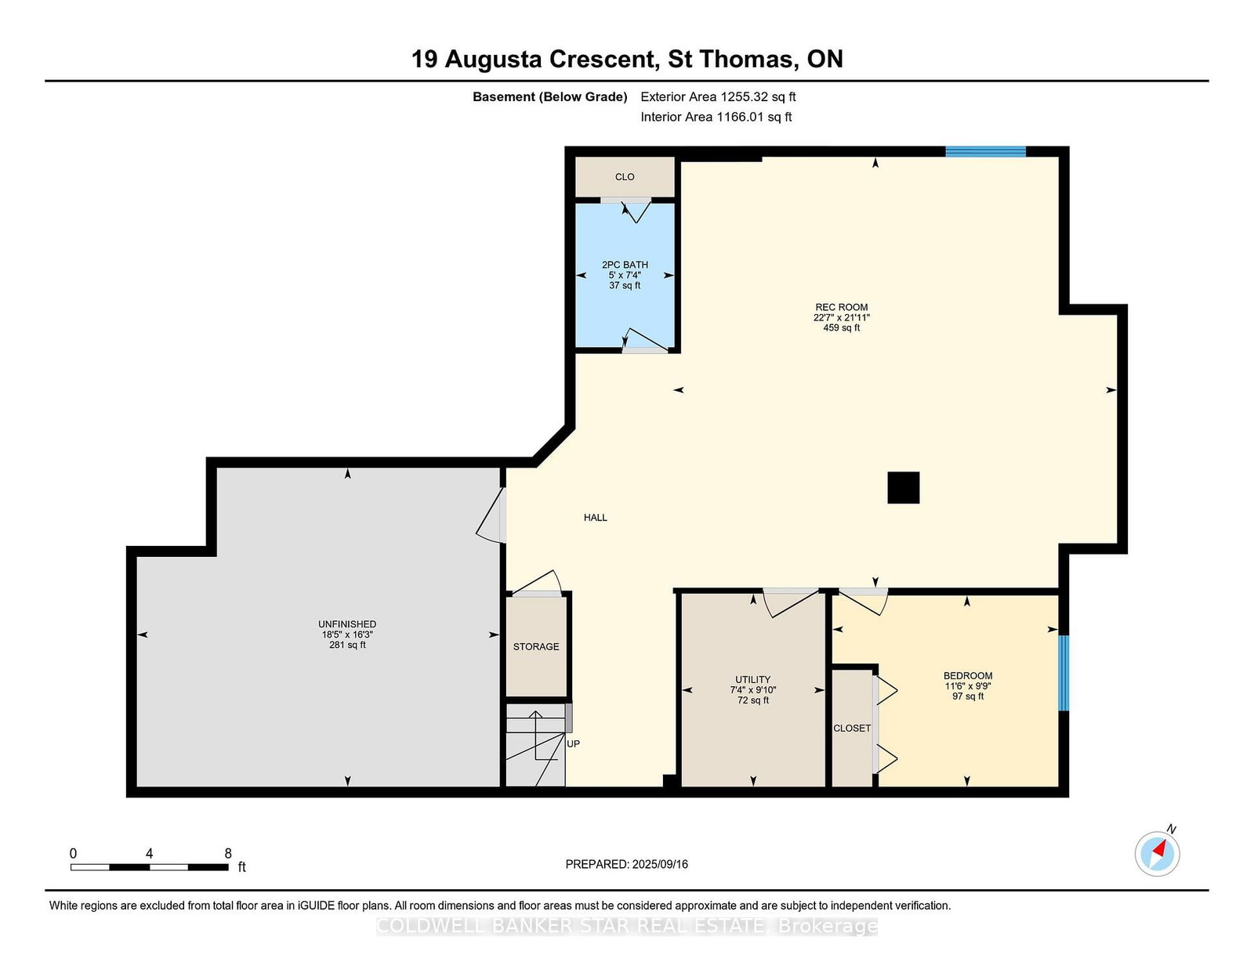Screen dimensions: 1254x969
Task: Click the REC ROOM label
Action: point(841,307)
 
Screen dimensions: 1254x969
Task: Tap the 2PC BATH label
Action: point(625,265)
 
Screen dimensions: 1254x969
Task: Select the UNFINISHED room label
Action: point(347,624)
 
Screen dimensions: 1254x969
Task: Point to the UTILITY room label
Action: point(752,679)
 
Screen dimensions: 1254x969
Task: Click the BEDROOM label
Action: point(968,675)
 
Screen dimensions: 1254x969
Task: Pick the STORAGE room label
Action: point(536,646)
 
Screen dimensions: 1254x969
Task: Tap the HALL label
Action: point(596,517)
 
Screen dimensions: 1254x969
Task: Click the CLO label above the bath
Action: point(625,176)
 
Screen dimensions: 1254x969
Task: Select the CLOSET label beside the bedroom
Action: point(852,729)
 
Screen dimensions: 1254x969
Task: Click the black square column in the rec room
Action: point(903,487)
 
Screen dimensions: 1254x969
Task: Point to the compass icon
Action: point(1157,854)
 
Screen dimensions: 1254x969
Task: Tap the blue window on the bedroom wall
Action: point(1064,673)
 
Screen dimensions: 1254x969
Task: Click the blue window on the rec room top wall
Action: point(985,152)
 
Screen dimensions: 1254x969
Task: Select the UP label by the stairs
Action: point(573,744)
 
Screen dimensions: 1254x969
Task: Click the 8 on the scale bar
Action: point(228,854)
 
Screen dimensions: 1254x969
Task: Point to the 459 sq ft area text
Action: point(841,327)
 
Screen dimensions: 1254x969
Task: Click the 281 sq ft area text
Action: point(347,645)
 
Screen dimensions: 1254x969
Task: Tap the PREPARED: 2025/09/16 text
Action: point(627,864)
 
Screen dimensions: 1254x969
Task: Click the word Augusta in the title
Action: point(494,60)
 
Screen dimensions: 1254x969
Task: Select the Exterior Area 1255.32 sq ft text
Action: point(718,97)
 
